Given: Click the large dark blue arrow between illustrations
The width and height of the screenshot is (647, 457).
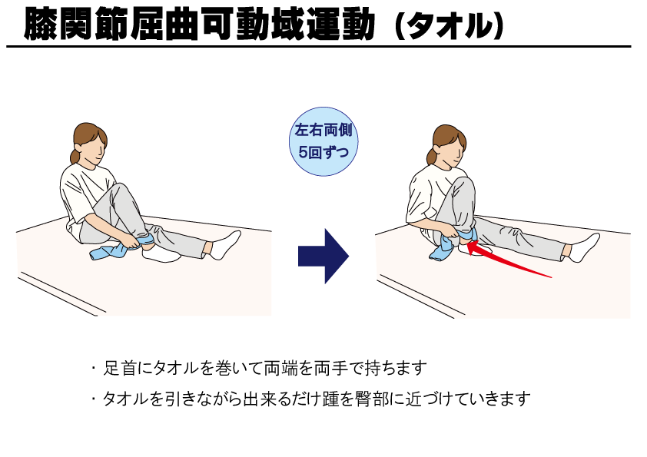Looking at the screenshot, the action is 323,256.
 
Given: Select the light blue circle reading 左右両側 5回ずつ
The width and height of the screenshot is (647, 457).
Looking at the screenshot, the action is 323,141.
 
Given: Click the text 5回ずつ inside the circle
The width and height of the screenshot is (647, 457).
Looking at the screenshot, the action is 323,153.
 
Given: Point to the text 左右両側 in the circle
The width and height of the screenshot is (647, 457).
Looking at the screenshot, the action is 323,130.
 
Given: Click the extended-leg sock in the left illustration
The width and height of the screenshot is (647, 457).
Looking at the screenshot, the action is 225,245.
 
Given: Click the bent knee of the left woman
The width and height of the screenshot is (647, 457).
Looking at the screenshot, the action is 120,191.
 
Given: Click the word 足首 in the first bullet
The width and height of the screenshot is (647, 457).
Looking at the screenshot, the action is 119,368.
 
